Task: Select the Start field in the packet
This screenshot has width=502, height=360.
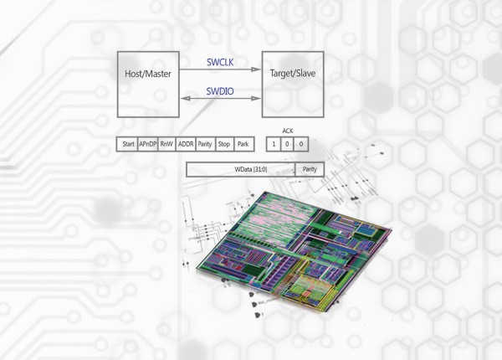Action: [128, 144]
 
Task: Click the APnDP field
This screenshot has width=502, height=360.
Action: [147, 144]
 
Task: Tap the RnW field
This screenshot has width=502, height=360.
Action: [166, 144]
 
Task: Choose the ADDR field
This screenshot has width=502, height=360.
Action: [186, 144]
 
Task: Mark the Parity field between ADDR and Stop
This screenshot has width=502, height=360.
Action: [205, 144]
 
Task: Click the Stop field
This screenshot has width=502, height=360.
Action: [224, 144]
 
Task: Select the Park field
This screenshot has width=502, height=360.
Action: [243, 144]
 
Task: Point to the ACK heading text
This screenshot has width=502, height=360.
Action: [288, 130]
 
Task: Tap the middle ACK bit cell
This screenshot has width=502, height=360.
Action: [288, 144]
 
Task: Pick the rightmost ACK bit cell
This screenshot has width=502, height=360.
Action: [302, 144]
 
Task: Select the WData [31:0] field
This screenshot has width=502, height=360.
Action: [241, 169]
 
